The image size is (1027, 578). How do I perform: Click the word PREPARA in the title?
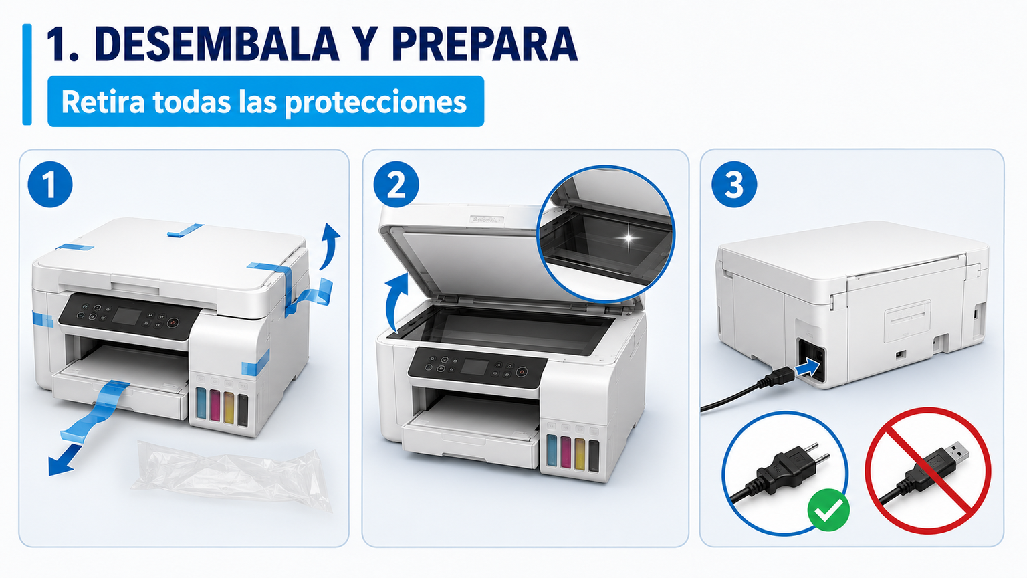[x=485, y=44]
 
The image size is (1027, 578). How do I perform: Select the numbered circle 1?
[x=50, y=185]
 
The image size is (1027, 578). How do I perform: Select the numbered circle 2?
[x=396, y=185]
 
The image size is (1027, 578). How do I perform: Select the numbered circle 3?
[x=734, y=185]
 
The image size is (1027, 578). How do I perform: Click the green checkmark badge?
[x=828, y=510]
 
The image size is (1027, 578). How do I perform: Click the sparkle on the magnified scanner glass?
[x=629, y=237]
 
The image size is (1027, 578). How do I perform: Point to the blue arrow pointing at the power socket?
[x=807, y=368]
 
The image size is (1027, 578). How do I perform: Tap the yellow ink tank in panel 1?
[x=229, y=406]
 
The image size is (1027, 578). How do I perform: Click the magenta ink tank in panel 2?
[x=566, y=453]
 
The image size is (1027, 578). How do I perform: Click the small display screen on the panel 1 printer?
[x=128, y=316]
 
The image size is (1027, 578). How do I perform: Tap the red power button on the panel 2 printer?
[x=522, y=371]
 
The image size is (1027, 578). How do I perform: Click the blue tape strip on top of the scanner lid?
[x=185, y=230]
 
